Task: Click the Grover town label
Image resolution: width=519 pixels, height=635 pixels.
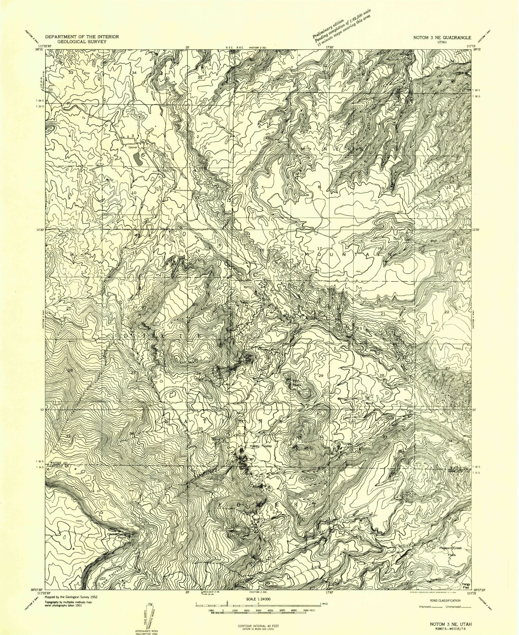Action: tap(133, 147)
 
